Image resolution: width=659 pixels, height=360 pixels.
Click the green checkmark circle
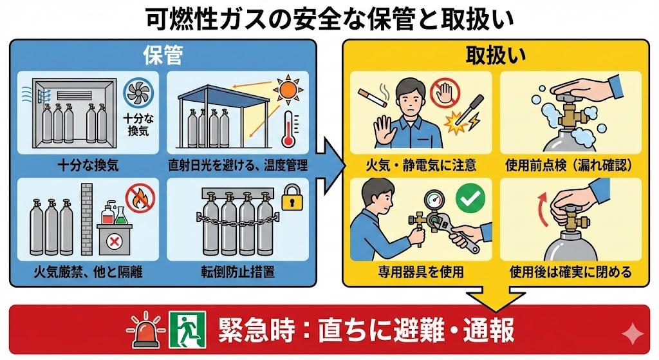[x=470, y=200]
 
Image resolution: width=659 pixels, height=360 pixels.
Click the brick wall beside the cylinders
[x=87, y=219]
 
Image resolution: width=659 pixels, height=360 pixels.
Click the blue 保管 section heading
[x=162, y=56]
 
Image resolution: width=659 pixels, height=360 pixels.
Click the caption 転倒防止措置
[x=238, y=272]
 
